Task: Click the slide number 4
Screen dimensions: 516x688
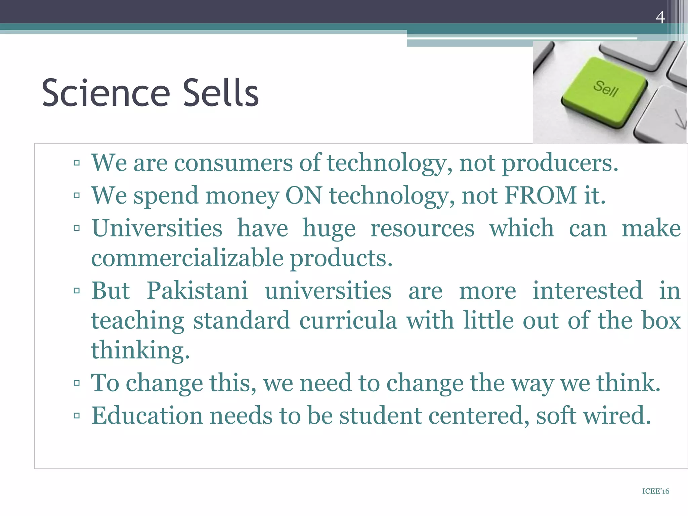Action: (660, 17)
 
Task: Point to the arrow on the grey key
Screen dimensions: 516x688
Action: (680, 119)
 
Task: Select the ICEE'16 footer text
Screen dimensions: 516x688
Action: (655, 491)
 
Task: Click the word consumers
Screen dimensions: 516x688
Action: (233, 163)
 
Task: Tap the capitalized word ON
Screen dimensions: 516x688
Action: (304, 195)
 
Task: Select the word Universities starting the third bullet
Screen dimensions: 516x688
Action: (157, 228)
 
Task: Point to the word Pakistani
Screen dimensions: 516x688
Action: (197, 290)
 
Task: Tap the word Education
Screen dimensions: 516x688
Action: (147, 416)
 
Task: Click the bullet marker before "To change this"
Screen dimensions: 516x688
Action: (77, 383)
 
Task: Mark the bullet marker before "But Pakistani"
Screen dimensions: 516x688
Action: (77, 291)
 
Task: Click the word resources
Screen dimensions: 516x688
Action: (422, 228)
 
